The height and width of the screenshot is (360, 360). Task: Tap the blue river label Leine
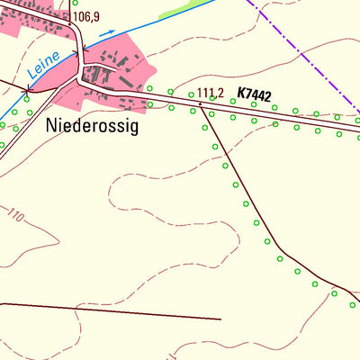(x=43, y=62)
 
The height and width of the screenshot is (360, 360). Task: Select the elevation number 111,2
(x=210, y=92)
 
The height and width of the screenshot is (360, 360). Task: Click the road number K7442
(x=255, y=94)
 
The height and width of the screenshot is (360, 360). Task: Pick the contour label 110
(x=15, y=216)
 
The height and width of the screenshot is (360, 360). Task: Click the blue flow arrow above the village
(x=106, y=33)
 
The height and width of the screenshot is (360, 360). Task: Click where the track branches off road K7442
(x=200, y=103)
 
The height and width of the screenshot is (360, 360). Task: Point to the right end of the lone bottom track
(x=220, y=318)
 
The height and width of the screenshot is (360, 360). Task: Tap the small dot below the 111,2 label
(x=201, y=103)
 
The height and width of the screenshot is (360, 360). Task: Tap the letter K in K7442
(x=242, y=94)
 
